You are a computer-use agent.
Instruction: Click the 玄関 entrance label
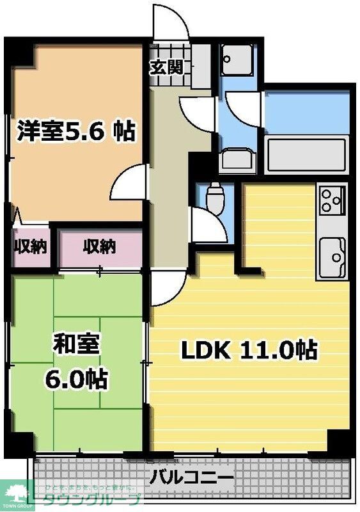[167, 67]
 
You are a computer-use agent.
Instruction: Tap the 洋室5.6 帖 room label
[75, 131]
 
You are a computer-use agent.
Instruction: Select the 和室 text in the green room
[75, 345]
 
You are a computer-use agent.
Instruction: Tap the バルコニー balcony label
[192, 477]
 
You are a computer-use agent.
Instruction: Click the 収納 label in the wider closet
[99, 246]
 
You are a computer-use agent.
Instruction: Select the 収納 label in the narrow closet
[30, 246]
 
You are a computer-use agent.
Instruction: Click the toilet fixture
[215, 196]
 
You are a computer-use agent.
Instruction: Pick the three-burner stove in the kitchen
[332, 199]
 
